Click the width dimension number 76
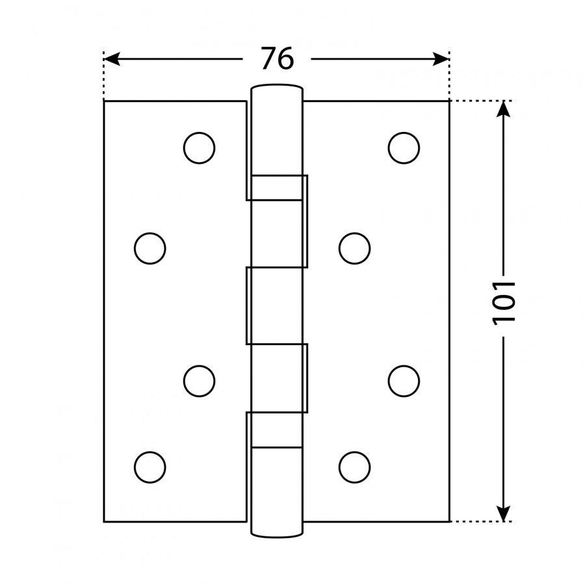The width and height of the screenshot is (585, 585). pos(278,58)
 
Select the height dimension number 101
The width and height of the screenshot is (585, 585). pos(504,303)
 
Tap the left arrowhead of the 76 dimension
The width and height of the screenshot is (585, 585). pos(112,59)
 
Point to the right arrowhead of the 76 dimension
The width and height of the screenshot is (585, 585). pos(440,59)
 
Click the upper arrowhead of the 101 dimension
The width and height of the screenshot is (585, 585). pos(504,109)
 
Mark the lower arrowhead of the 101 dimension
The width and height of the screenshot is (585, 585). pos(504,513)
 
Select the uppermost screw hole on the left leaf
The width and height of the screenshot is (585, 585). pos(200,148)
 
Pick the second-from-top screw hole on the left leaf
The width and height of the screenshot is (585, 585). pos(150,248)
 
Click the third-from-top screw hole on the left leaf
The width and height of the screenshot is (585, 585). pos(200,381)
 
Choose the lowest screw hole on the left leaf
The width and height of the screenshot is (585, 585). pos(150,467)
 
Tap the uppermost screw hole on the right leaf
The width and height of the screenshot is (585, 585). pos(404,148)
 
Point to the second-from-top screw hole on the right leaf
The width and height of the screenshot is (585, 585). pos(355,248)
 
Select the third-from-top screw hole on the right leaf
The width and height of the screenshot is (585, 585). pos(404,381)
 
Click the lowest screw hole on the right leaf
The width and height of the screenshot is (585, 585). pos(355,467)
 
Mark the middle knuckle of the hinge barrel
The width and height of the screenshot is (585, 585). pos(277,305)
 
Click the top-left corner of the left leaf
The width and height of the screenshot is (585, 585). pos(104,101)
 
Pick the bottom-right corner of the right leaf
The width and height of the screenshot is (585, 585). pos(449,521)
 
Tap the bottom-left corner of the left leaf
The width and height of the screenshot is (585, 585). pos(104,521)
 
